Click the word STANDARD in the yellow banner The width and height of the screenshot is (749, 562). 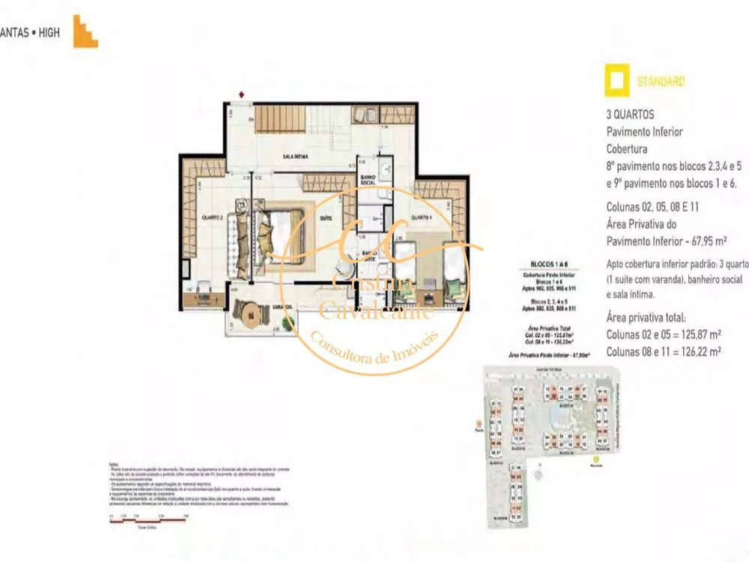click(660, 82)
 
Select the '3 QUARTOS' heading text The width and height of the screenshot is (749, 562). click(631, 115)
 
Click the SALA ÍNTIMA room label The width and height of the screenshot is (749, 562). click(297, 157)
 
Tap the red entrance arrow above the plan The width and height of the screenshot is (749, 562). click(241, 94)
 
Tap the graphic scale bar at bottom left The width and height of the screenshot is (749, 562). click(148, 519)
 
